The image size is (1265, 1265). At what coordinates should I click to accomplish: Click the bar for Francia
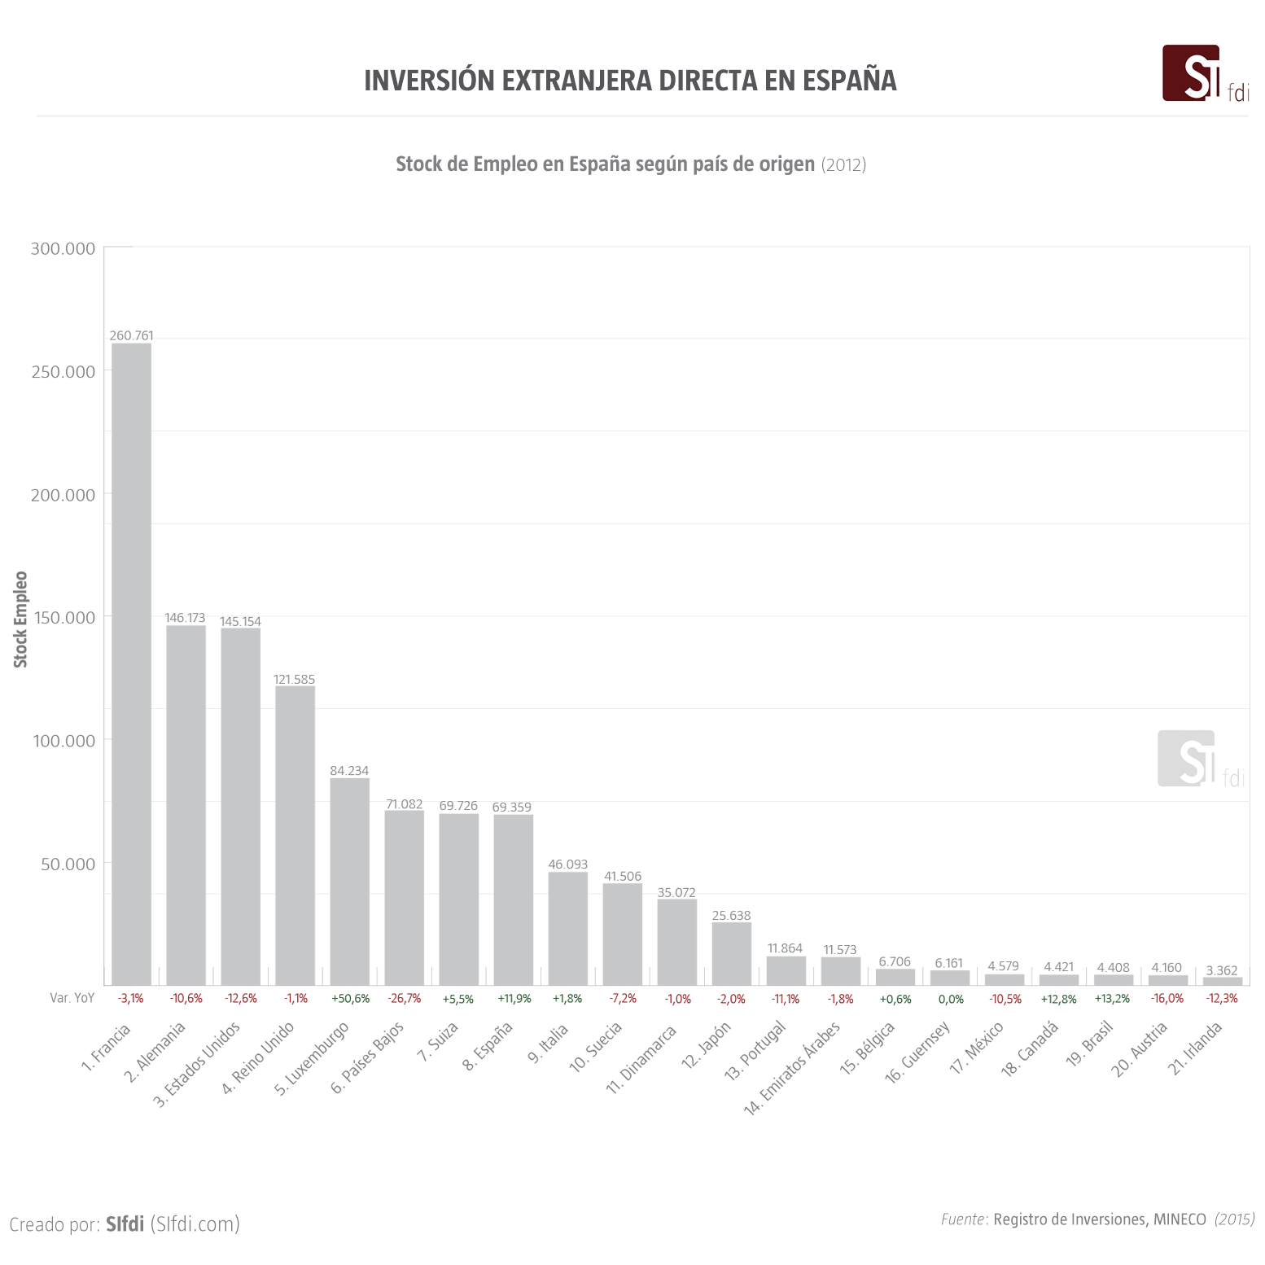[131, 663]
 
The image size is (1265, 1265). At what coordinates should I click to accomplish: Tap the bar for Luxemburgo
[349, 881]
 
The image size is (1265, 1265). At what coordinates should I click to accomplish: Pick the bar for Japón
[731, 953]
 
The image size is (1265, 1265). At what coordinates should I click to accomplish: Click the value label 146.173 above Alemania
[185, 618]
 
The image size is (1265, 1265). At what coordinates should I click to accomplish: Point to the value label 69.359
[511, 807]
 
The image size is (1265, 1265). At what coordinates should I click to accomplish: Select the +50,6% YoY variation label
[350, 999]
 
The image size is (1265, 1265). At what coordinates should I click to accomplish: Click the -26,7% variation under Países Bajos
[405, 999]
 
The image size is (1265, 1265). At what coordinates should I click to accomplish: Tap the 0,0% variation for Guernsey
[950, 1000]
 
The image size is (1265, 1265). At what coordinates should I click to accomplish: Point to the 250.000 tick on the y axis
[63, 372]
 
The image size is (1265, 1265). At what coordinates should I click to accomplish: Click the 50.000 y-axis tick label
[68, 864]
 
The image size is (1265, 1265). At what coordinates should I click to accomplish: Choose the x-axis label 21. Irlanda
[1196, 1048]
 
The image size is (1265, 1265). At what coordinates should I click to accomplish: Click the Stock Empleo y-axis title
[20, 619]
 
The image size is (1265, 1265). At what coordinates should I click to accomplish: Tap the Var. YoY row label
[72, 998]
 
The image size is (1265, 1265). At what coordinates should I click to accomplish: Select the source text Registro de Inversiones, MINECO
[1099, 1219]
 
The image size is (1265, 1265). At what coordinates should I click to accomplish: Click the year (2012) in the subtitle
[843, 164]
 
